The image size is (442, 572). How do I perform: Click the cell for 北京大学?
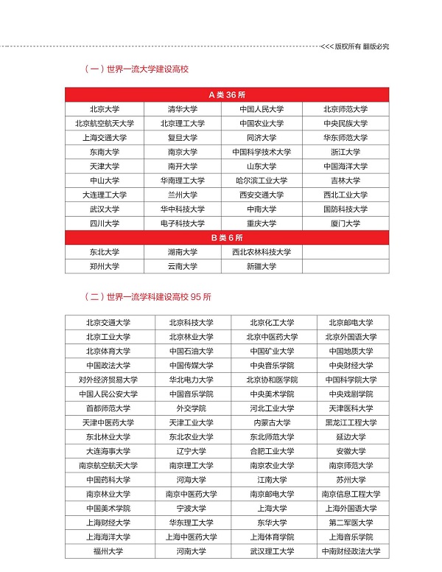coord(105,109)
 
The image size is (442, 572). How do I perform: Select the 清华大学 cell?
coord(183,109)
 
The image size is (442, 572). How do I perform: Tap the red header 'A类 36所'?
coord(226,95)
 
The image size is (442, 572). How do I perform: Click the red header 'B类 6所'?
coord(226,238)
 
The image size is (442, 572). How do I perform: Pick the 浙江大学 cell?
coord(345,152)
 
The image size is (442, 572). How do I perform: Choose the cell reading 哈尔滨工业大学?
coord(262,181)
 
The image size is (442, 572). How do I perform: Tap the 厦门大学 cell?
coord(345,223)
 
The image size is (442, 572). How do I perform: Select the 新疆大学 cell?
coord(262,266)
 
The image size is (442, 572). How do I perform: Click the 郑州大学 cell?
coord(105,266)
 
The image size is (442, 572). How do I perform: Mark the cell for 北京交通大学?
coord(108,322)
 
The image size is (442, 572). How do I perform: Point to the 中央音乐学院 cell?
coord(272,365)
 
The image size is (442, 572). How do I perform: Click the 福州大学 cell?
coord(108,551)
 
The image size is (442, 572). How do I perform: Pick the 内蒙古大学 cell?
coord(272,422)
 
